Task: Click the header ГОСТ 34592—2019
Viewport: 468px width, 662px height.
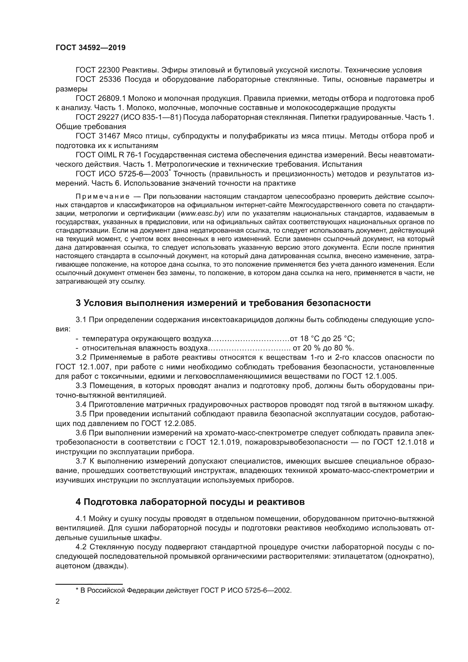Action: point(91,48)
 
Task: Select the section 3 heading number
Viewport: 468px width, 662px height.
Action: point(78,303)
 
